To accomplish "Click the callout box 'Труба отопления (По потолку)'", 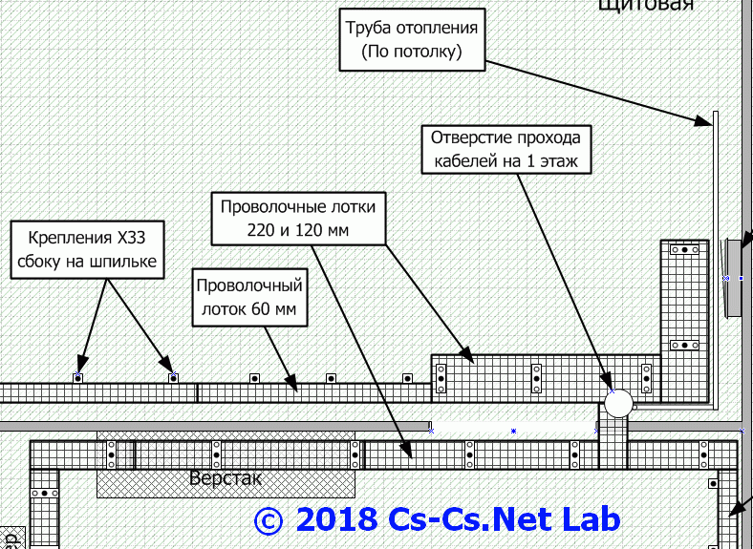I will [413, 41].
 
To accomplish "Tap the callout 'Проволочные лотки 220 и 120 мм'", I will [298, 219].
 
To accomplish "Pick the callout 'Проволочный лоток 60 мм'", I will [248, 297].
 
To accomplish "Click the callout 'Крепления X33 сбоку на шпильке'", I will [85, 249].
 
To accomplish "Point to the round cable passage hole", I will [618, 402].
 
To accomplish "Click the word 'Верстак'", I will [225, 477].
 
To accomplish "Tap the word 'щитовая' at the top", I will [644, 5].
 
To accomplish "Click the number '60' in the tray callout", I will [266, 309].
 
